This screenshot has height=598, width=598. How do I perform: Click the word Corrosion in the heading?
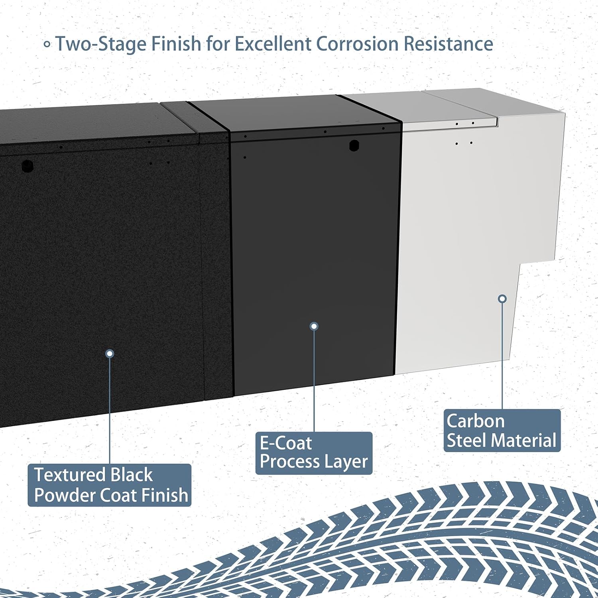(x=357, y=44)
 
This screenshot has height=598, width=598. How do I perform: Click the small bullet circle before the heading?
(x=47, y=45)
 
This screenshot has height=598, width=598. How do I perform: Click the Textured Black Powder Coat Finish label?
(x=110, y=485)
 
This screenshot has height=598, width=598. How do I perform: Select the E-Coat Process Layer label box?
(x=314, y=453)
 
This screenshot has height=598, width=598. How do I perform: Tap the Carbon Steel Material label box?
(x=502, y=431)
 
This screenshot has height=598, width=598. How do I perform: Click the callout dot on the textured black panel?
(x=110, y=354)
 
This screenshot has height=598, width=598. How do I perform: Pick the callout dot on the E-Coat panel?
(x=314, y=327)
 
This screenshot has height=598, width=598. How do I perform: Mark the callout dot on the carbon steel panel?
(x=503, y=299)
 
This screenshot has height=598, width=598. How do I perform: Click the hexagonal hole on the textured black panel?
(x=27, y=165)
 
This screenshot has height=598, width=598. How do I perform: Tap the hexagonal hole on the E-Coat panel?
(x=354, y=146)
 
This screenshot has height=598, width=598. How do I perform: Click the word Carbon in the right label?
(x=476, y=421)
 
